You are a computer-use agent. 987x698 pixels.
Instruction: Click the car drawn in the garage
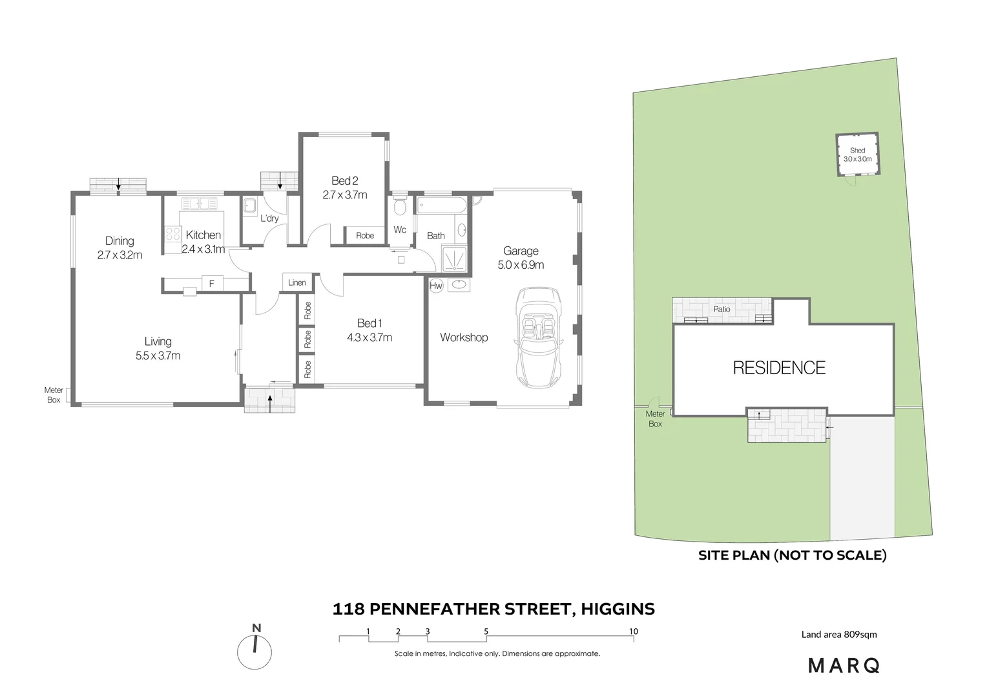tap(540, 338)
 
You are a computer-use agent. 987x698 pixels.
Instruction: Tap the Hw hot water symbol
tap(436, 285)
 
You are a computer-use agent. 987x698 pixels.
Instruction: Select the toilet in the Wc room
tap(400, 208)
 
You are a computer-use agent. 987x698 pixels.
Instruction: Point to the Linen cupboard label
tap(297, 282)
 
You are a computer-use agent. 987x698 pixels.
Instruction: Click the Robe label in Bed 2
tap(365, 236)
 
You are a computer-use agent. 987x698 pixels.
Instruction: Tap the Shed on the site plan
tap(857, 155)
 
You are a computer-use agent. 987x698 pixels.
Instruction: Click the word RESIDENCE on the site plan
tap(779, 368)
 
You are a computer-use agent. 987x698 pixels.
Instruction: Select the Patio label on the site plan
tap(722, 310)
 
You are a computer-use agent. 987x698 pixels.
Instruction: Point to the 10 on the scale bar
tap(634, 631)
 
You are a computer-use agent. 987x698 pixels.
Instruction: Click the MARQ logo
tap(844, 665)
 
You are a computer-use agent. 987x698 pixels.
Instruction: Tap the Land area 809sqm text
tap(839, 634)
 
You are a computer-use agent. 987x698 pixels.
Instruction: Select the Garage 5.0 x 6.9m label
tap(521, 258)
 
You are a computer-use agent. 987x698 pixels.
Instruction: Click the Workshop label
tap(464, 337)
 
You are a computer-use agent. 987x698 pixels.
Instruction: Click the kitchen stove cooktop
tap(172, 235)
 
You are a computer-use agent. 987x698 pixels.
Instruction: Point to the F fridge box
tap(211, 283)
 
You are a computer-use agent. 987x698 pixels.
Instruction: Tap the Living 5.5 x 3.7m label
tap(158, 348)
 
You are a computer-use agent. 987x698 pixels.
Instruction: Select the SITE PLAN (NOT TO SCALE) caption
tap(792, 555)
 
